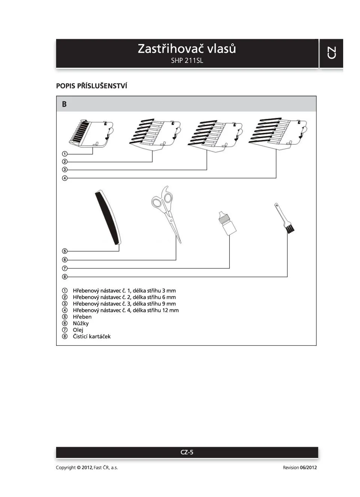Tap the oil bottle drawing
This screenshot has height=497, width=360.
[227, 223]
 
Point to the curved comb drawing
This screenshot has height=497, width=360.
[108, 217]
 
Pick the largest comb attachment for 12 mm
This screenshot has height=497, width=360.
[278, 133]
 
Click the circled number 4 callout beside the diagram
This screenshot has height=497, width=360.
[65, 178]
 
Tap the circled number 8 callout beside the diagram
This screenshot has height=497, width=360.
[65, 277]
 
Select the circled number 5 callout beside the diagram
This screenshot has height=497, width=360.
[65, 251]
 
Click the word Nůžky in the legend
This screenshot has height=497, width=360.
[81, 323]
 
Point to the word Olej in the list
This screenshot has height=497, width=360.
[78, 330]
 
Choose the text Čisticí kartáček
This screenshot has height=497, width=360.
[92, 336]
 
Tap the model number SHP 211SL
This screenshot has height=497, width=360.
[187, 61]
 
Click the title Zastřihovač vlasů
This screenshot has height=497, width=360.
[187, 49]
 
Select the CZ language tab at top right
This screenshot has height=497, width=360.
[332, 53]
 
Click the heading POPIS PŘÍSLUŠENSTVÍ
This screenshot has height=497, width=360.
[92, 86]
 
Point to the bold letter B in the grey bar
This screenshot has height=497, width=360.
[64, 104]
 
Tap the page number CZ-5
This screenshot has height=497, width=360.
[187, 452]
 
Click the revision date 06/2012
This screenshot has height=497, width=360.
[308, 467]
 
